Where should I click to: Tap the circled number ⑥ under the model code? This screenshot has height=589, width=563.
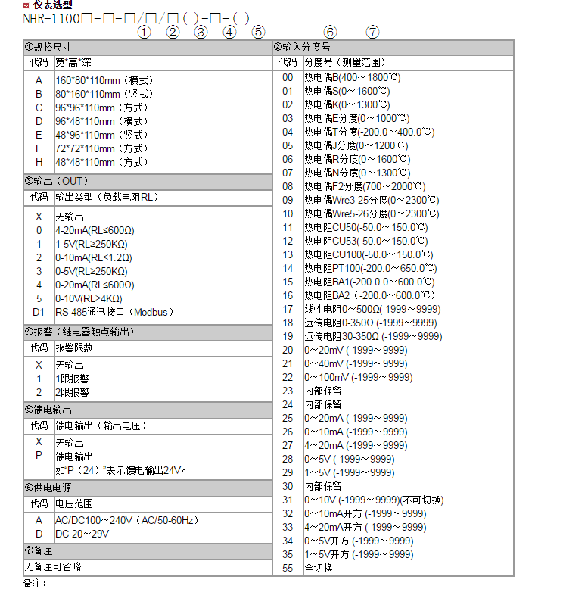(x=329, y=32)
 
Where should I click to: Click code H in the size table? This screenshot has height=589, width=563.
(x=39, y=162)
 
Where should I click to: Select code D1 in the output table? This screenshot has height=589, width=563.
(x=39, y=312)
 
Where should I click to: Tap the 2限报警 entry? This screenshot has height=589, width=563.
(x=73, y=392)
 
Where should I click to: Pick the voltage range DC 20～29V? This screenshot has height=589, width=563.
(x=82, y=534)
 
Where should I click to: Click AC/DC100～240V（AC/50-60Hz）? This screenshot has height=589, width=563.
(x=126, y=520)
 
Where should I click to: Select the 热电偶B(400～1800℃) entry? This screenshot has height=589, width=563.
(x=352, y=77)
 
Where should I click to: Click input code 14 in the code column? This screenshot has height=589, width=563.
(x=288, y=268)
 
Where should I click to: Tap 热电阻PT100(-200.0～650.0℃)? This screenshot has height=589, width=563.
(x=369, y=268)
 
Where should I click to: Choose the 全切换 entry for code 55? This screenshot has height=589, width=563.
(x=318, y=568)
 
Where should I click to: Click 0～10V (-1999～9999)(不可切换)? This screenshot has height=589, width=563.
(x=374, y=500)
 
